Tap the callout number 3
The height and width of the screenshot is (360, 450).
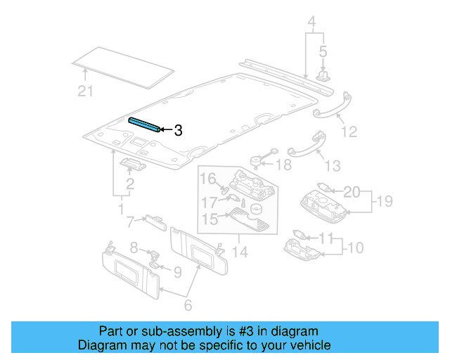[x=178, y=130]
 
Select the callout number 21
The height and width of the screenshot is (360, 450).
[x=85, y=90]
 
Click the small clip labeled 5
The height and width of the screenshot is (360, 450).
[x=324, y=74]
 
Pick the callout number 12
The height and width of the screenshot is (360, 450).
[x=349, y=131]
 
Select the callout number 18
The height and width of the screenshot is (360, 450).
[x=283, y=165]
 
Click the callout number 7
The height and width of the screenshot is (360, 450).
[x=129, y=223]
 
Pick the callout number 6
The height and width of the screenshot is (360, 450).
[x=188, y=305]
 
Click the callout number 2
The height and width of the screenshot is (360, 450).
[x=129, y=185]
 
